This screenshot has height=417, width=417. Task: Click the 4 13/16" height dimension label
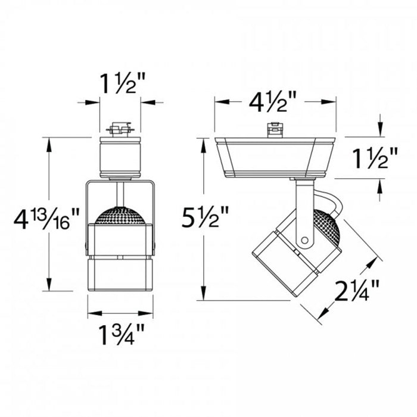(46, 222)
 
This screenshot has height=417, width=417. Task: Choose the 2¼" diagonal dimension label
(357, 291)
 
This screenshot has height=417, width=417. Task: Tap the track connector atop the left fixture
(120, 129)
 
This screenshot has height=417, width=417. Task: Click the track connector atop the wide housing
(274, 129)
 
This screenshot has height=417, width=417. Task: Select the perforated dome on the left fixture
(120, 216)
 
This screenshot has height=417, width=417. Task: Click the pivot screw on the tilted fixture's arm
(305, 241)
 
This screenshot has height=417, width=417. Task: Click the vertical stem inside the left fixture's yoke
(120, 194)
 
